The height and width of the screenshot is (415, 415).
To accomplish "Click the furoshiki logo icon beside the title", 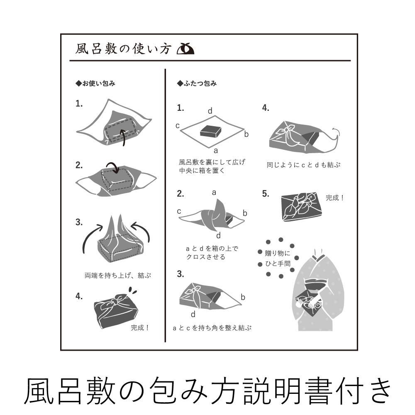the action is (185, 49).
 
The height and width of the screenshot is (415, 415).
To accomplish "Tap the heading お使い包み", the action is (95, 83).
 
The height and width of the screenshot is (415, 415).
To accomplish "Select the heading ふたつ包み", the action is (197, 83).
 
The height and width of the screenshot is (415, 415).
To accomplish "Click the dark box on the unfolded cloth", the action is (211, 131).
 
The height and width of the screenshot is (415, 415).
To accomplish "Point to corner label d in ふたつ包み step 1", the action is (210, 111).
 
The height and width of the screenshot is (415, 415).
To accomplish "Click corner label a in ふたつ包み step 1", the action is (216, 151).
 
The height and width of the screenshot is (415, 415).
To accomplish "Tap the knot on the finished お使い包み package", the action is (115, 302).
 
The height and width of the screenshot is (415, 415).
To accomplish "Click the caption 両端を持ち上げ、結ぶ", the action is (118, 276).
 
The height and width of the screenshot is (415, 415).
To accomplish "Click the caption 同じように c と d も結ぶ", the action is (303, 165).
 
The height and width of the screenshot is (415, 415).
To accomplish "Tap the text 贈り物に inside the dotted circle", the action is (278, 253).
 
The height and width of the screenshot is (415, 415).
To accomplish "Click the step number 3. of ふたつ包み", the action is (181, 274).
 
